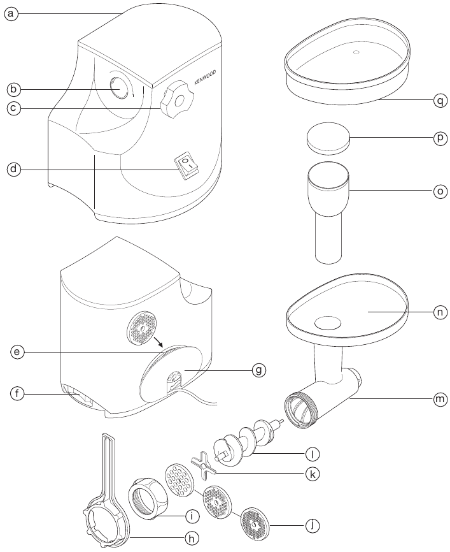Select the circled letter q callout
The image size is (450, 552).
click(439, 100)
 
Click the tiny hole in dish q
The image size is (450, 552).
click(356, 52)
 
